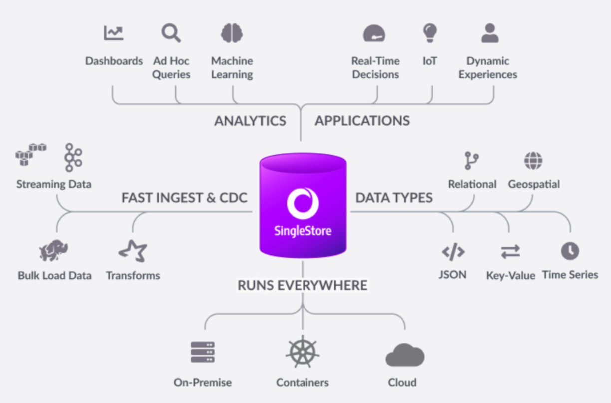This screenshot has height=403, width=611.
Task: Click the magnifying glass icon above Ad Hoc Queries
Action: pyautogui.click(x=171, y=33)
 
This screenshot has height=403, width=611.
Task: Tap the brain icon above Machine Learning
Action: pyautogui.click(x=232, y=33)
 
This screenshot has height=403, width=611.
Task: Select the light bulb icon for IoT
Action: pyautogui.click(x=430, y=33)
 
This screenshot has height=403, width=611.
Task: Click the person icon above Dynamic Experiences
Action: pyautogui.click(x=490, y=33)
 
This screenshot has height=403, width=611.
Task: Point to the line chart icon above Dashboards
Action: pyautogui.click(x=114, y=33)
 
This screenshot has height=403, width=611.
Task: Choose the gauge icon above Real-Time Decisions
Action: pyautogui.click(x=374, y=33)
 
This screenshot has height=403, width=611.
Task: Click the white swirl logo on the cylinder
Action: pyautogui.click(x=303, y=203)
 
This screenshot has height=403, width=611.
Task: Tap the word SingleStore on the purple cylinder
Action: pyautogui.click(x=303, y=231)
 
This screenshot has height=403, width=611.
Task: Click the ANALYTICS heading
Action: pyautogui.click(x=250, y=121)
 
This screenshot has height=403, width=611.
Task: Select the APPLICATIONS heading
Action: pyautogui.click(x=362, y=121)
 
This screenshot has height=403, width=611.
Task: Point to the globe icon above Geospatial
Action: pyautogui.click(x=533, y=161)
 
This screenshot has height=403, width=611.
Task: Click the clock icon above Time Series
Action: pyautogui.click(x=570, y=251)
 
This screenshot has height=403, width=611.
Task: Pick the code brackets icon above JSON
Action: pyautogui.click(x=453, y=252)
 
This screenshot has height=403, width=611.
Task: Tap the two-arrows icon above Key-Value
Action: pyautogui.click(x=510, y=251)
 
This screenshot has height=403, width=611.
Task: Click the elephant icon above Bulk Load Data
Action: pyautogui.click(x=53, y=250)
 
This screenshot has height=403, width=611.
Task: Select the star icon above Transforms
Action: pyautogui.click(x=133, y=251)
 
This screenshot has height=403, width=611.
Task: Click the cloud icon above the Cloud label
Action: pyautogui.click(x=405, y=355)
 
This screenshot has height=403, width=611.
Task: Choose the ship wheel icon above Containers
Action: pyautogui.click(x=303, y=352)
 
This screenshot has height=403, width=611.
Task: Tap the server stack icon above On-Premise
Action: pyautogui.click(x=203, y=352)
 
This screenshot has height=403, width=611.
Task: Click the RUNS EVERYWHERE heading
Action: pyautogui.click(x=303, y=285)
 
